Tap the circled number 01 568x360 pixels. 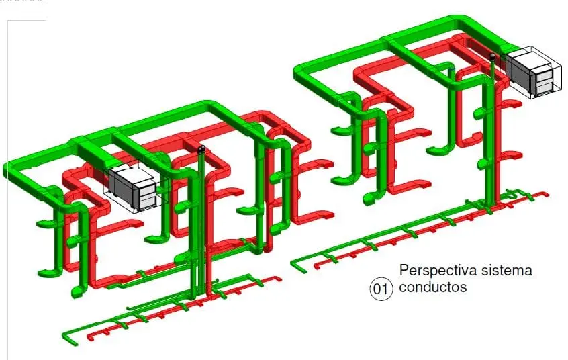point(380,289)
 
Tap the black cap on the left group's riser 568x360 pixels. point(202,148)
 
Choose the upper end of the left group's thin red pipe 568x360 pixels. point(275,277)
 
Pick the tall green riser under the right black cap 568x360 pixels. point(493,134)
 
